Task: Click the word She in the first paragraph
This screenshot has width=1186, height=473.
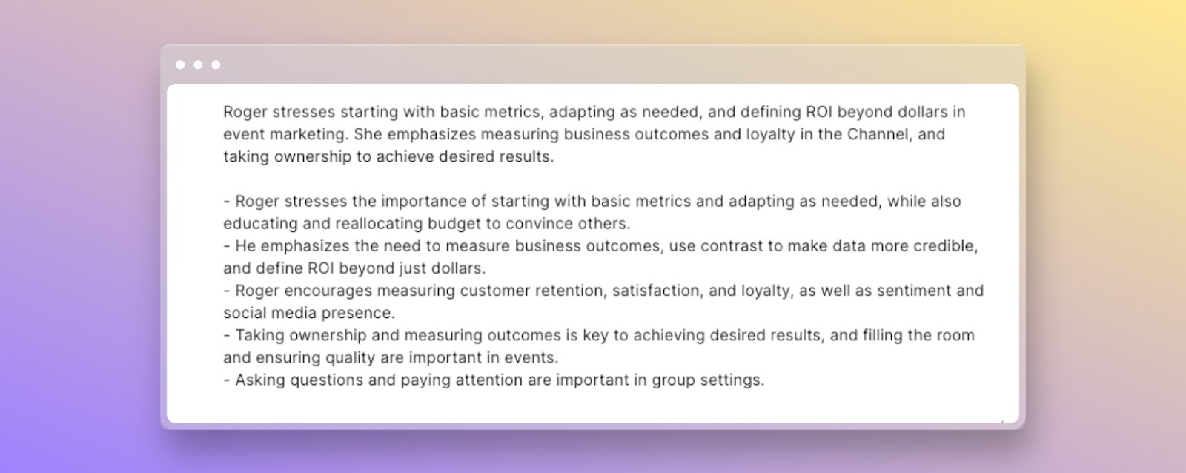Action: pos(368,134)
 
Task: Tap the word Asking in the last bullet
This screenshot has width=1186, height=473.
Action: pos(260,380)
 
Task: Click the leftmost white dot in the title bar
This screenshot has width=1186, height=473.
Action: pos(180,64)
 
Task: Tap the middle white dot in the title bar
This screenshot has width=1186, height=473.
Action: pos(198,64)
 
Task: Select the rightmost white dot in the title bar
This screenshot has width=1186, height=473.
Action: pos(216,64)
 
